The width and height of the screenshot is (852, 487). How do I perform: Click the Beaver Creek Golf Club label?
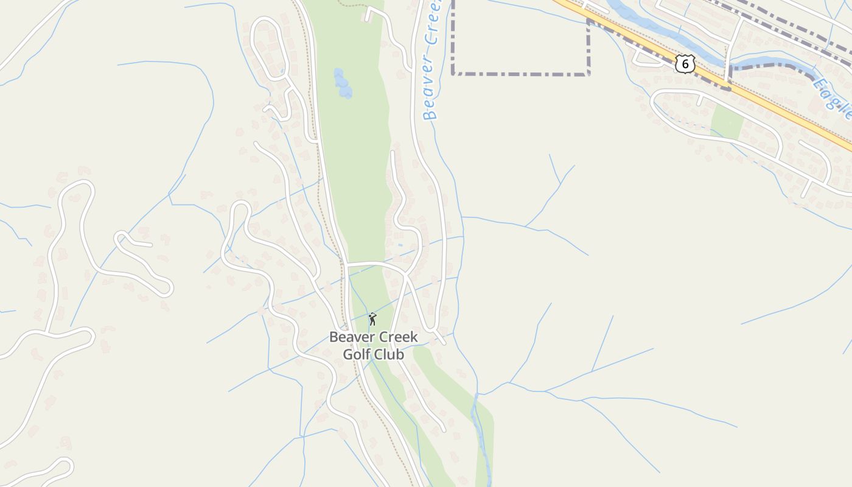pyautogui.click(x=373, y=345)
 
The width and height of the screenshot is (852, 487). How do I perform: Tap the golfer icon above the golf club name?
pyautogui.click(x=372, y=319)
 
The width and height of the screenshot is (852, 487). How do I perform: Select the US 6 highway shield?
pyautogui.click(x=685, y=63)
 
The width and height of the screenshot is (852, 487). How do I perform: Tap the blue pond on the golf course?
pyautogui.click(x=343, y=83)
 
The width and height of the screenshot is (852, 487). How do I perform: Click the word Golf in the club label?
pyautogui.click(x=356, y=354)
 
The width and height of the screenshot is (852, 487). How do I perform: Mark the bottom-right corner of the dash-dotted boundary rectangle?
pyautogui.click(x=588, y=74)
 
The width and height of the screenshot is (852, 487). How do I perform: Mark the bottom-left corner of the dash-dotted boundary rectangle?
pyautogui.click(x=453, y=74)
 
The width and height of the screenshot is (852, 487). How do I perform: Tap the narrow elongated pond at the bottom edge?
pyautogui.click(x=483, y=444)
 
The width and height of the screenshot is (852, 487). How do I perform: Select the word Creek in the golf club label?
pyautogui.click(x=397, y=337)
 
